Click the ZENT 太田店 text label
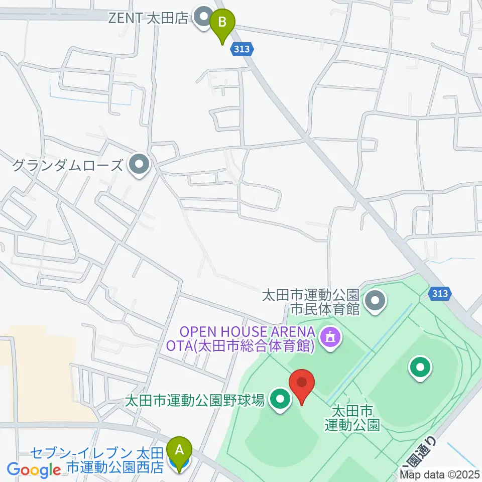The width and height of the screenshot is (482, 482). click(x=149, y=19)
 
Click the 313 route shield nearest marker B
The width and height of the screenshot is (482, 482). click(x=244, y=49)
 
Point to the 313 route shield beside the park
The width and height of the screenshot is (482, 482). click(x=440, y=293)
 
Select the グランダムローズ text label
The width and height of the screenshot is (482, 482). click(x=67, y=165)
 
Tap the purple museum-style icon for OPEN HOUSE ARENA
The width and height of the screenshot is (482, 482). click(x=330, y=337)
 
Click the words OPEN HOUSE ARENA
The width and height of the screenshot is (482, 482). click(x=248, y=332)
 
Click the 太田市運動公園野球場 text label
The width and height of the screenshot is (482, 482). click(x=194, y=401)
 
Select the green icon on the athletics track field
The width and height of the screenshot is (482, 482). click(x=420, y=368)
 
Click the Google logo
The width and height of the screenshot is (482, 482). click(x=34, y=470)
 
